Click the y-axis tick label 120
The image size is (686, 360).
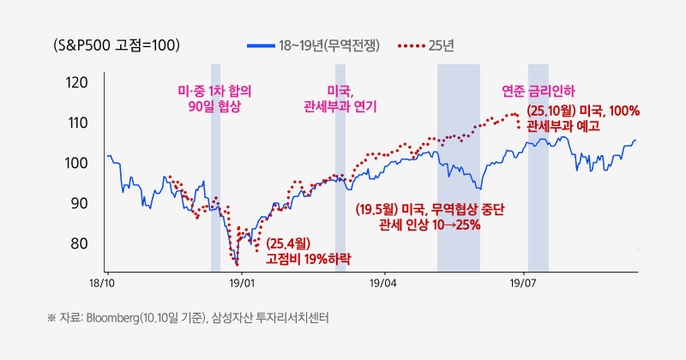[76, 83]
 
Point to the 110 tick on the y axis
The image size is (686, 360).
[76, 123]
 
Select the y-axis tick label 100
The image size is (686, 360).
[76, 163]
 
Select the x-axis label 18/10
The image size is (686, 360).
[102, 281]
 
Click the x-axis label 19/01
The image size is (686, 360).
[243, 281]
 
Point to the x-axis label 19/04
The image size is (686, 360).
[383, 281]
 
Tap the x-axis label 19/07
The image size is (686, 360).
[523, 281]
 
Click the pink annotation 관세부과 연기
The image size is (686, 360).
[340, 106]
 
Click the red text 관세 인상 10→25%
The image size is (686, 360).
[430, 225]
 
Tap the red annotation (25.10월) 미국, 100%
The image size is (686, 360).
[583, 111]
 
